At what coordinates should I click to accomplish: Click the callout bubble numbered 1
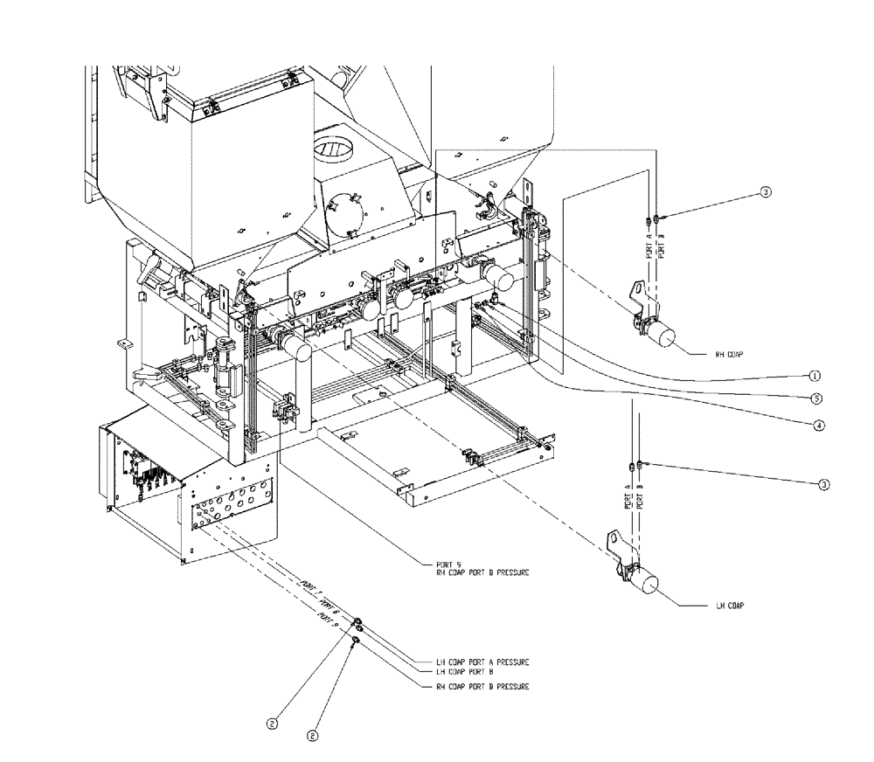tap(814, 376)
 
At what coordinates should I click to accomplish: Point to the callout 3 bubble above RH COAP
tap(765, 193)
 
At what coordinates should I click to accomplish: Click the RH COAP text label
tap(727, 355)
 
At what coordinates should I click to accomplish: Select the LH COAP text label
tap(727, 605)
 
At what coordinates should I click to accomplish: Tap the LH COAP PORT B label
tap(464, 672)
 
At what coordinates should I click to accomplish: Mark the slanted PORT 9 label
tap(327, 620)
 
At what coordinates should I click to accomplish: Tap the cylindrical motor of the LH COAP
tap(650, 581)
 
